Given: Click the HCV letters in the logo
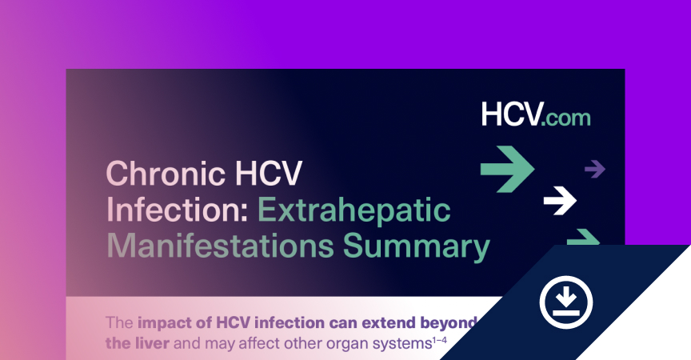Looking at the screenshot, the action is (x=511, y=114).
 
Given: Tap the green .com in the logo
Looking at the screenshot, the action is (x=566, y=118).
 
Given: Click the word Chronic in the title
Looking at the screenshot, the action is (x=166, y=173).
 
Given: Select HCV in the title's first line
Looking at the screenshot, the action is (x=269, y=173).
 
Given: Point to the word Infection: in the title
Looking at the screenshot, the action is (x=178, y=210).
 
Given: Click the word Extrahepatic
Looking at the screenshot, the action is (x=353, y=210).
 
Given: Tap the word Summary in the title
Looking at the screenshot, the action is (x=417, y=248).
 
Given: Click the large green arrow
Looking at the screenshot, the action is (x=507, y=170).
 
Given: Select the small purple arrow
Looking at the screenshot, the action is (x=595, y=169).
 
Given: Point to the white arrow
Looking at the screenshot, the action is (x=560, y=201).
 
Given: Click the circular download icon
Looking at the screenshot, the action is (x=566, y=302).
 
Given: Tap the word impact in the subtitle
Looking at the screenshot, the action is (x=166, y=323).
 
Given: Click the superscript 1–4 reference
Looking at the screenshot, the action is (x=439, y=340).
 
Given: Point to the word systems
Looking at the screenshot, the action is (x=402, y=344).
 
